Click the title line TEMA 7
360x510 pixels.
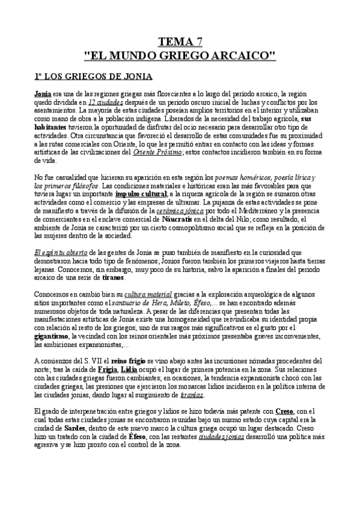[180, 41]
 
